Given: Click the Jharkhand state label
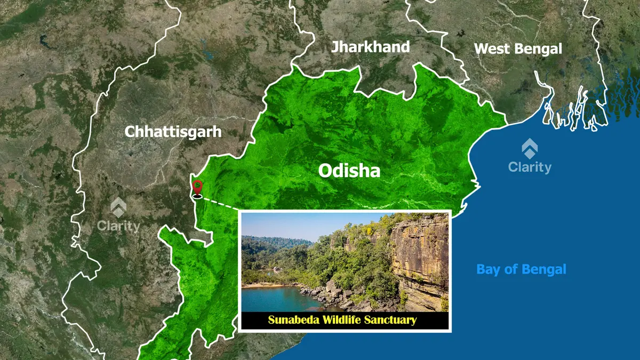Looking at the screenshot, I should coord(370,47).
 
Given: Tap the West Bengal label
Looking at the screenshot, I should coord(518,49).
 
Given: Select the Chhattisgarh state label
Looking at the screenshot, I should coord(173,132).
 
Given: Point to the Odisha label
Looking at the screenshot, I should coord(349,171).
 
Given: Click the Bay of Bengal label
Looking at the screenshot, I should coord(521,269).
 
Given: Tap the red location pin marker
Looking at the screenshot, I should coord(198,188).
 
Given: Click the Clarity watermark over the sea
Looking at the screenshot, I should coord(530,167).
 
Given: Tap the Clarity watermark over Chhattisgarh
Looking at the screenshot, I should coord(118,226).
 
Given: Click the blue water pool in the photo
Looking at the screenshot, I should coord(272,299).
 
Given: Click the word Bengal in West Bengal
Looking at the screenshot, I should coord(539,49).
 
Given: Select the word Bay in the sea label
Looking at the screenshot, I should coord(486,269).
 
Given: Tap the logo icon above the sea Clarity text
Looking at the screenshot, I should coord(530,148).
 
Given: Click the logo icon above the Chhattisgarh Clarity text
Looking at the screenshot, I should coord(118,207).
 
